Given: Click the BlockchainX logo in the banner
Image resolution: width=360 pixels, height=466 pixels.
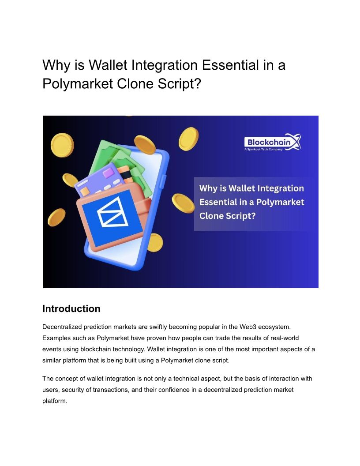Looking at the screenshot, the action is coord(273,142).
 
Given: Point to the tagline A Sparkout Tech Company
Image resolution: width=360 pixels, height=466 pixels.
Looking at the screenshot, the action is coord(263,149).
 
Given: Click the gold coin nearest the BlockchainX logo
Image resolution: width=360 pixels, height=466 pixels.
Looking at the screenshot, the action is coord(188,139).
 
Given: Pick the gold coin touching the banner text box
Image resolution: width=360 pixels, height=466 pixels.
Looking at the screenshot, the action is coord(183,203).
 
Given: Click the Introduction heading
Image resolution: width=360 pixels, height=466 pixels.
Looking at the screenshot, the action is coord(71,308).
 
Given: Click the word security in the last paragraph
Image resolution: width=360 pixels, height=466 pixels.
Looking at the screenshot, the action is coord(73,390).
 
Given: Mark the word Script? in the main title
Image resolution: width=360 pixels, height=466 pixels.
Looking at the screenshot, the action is coord(180,83).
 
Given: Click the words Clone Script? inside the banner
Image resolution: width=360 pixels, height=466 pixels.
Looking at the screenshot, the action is coord(227,216).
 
